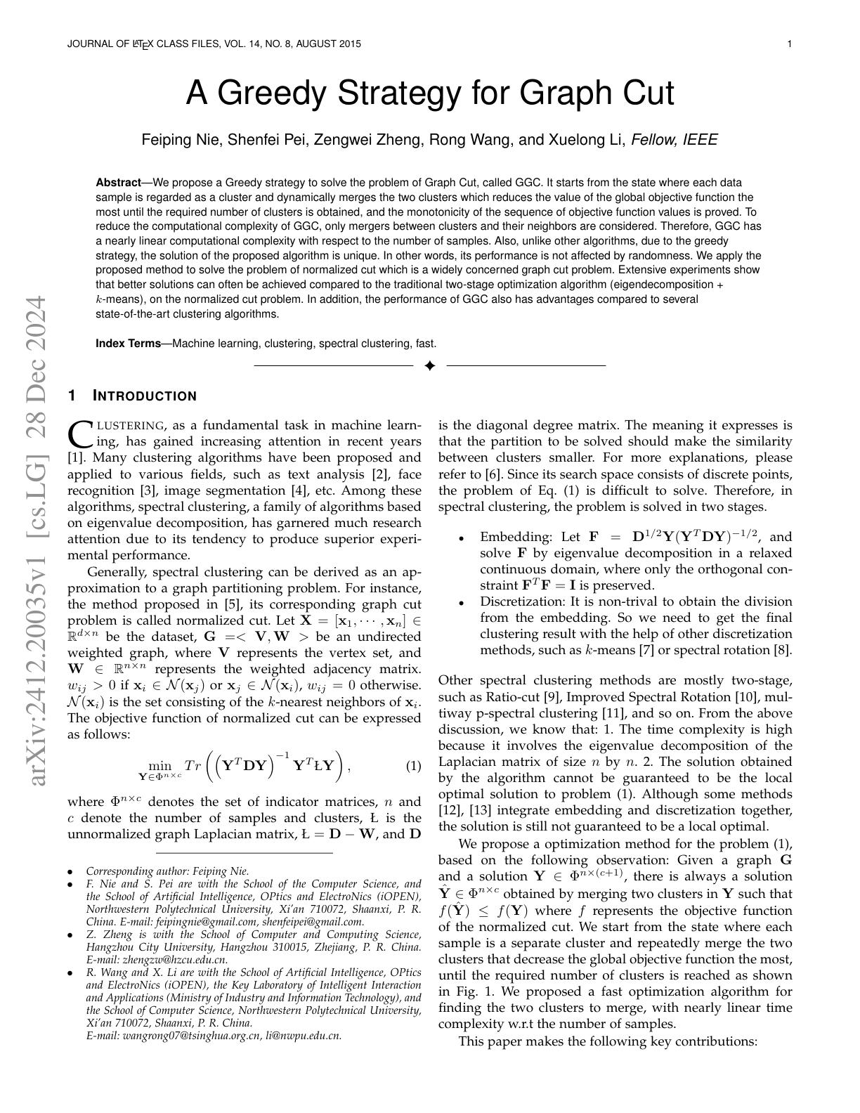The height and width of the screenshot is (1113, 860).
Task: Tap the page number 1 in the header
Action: [790, 44]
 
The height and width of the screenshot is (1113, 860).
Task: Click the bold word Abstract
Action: [118, 183]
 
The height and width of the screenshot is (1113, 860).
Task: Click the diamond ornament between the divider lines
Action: [430, 365]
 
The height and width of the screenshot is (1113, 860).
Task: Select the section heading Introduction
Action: [145, 396]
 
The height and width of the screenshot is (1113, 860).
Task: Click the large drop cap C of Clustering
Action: [79, 434]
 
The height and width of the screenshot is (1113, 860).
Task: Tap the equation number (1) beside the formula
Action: [413, 766]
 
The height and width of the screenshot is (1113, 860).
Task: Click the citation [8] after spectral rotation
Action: [782, 650]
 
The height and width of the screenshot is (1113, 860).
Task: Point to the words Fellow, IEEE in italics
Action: [675, 140]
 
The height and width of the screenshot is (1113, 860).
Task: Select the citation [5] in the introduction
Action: [232, 604]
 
